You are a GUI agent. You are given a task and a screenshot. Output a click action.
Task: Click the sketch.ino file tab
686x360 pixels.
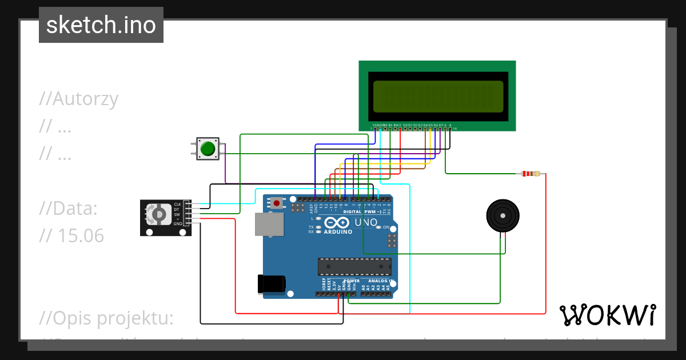click(101, 25)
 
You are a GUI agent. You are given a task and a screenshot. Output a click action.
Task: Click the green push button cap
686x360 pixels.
click(208, 149)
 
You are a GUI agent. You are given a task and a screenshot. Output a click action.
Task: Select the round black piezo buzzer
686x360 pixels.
click(503, 215)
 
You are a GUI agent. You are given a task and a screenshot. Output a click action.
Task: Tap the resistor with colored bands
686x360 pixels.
click(532, 174)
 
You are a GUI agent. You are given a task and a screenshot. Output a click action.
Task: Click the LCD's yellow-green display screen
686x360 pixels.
click(438, 96)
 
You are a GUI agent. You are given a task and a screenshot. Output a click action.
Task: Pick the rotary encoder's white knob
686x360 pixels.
click(156, 214)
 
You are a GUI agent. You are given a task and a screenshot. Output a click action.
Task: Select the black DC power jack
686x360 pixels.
click(271, 284)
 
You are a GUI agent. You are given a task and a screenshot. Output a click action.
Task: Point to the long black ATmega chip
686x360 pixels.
click(355, 267)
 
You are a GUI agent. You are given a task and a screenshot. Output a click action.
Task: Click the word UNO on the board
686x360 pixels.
click(366, 222)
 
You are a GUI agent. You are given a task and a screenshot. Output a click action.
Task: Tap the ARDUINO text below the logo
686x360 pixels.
click(338, 233)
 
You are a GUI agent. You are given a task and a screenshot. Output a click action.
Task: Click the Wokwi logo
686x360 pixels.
click(607, 315)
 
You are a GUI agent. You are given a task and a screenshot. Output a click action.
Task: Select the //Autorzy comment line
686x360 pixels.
click(79, 99)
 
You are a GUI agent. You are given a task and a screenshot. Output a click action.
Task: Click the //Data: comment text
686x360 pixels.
click(69, 209)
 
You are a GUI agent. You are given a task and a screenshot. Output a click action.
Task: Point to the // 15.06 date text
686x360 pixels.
click(72, 235)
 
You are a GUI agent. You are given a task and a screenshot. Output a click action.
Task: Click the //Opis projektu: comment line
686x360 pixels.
click(107, 318)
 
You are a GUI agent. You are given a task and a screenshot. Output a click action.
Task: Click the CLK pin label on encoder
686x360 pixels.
click(177, 204)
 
